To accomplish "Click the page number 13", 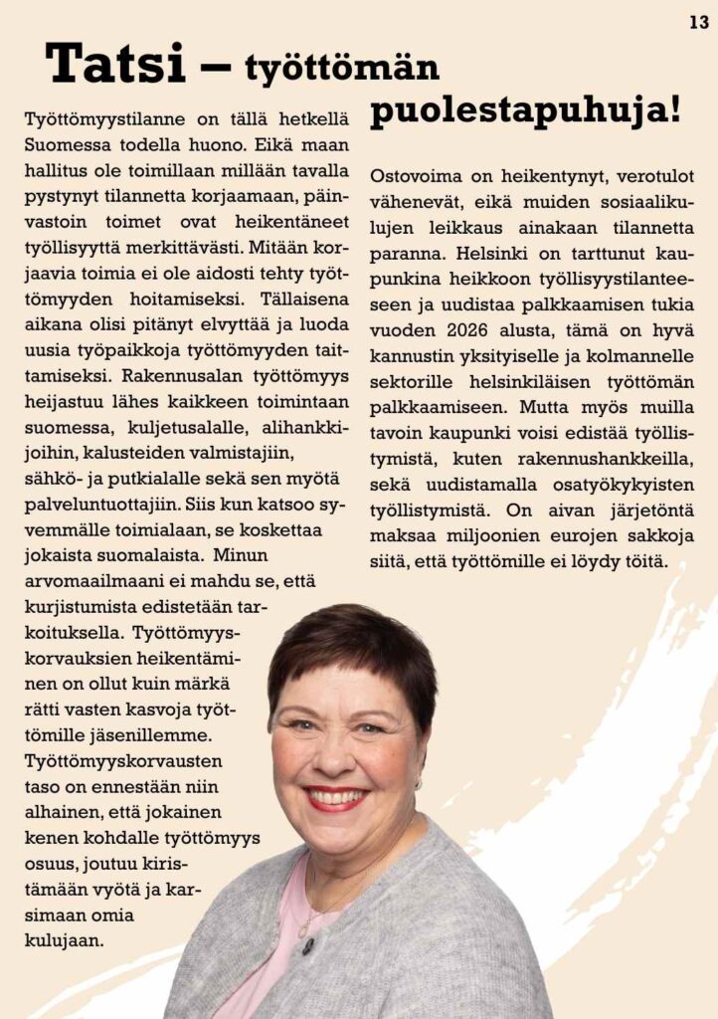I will (698, 22).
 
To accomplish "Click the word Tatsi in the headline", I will (115, 64).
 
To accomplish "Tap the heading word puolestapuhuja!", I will (525, 110).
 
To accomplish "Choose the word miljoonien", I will (487, 535).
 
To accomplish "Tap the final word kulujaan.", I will (63, 938).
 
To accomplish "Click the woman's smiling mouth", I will (336, 797).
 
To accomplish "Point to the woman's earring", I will (418, 783).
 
